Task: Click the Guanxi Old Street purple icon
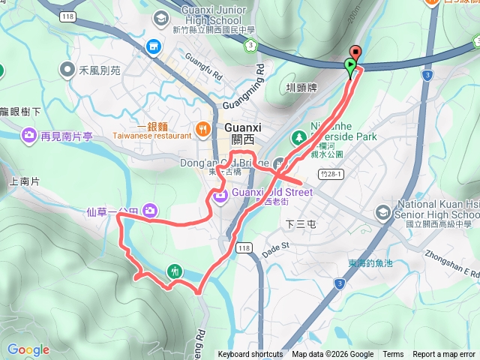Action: pos(220,197)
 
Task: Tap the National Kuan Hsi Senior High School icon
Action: pos(383,212)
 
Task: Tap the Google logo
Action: pos(28,349)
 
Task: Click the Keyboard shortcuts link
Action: pos(250,355)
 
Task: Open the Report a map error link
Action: pos(444,355)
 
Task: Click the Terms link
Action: pos(393,355)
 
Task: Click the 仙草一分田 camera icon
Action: pos(150,211)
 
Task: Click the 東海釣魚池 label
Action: pos(370,263)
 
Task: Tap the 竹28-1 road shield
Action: pos(330,173)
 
